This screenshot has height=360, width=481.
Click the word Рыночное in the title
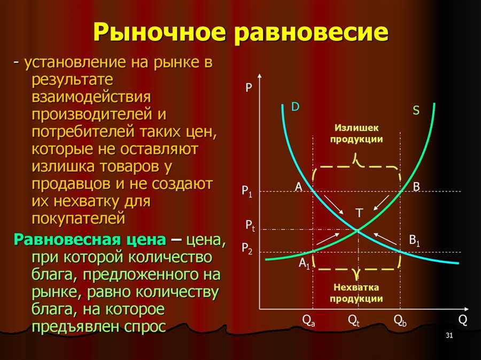pos(159,32)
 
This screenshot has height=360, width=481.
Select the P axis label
pos(249,88)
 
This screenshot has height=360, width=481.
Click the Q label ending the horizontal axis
pos(463,320)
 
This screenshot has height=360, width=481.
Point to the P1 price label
pos(246,192)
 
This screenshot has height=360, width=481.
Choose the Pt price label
pos(250,226)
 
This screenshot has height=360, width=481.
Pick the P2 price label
pos(247,248)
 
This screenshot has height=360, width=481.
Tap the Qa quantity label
pos(308,321)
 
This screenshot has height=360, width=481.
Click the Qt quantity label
pos(353,321)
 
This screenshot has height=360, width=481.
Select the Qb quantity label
pos(400,321)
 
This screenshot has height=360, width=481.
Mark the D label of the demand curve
pos(295,107)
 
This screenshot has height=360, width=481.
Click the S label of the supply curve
pos(416,110)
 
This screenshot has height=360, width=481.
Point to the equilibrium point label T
pos(359,213)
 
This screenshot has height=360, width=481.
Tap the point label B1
pos(414,240)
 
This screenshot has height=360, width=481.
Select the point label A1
pos(304,263)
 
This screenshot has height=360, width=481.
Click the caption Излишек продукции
pos(356,134)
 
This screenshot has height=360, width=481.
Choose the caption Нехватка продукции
pos(356,293)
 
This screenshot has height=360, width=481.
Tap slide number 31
pos(449,335)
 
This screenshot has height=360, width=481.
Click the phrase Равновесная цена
pos(90,239)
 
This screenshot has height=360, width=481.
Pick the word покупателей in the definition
pos(79,218)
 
